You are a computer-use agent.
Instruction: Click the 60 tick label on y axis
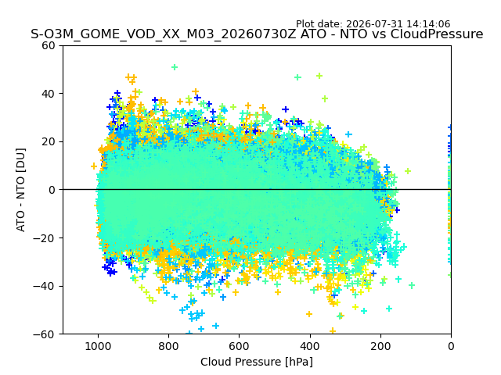(x=49, y=45)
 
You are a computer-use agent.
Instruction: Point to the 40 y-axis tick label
(x=49, y=94)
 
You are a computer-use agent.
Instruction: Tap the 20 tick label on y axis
(x=49, y=142)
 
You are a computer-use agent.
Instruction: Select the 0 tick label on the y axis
(x=52, y=190)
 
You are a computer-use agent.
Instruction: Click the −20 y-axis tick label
(x=44, y=238)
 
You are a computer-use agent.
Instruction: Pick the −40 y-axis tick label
(x=44, y=287)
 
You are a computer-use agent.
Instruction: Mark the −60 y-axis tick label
(x=44, y=334)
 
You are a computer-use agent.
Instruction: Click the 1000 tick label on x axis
(x=99, y=346)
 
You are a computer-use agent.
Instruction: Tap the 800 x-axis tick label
(x=169, y=346)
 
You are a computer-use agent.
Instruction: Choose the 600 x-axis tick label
(x=240, y=346)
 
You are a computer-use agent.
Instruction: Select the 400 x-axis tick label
(x=310, y=346)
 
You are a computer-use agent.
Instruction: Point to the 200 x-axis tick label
(x=380, y=346)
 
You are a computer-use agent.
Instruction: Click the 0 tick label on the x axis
(x=451, y=346)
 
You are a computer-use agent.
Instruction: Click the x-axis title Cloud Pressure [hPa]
(x=257, y=362)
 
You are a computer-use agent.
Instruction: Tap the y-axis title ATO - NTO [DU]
(x=21, y=190)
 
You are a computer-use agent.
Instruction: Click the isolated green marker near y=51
(x=175, y=67)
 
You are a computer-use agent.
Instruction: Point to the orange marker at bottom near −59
(x=333, y=330)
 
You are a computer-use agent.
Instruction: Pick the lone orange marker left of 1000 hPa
(x=94, y=166)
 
